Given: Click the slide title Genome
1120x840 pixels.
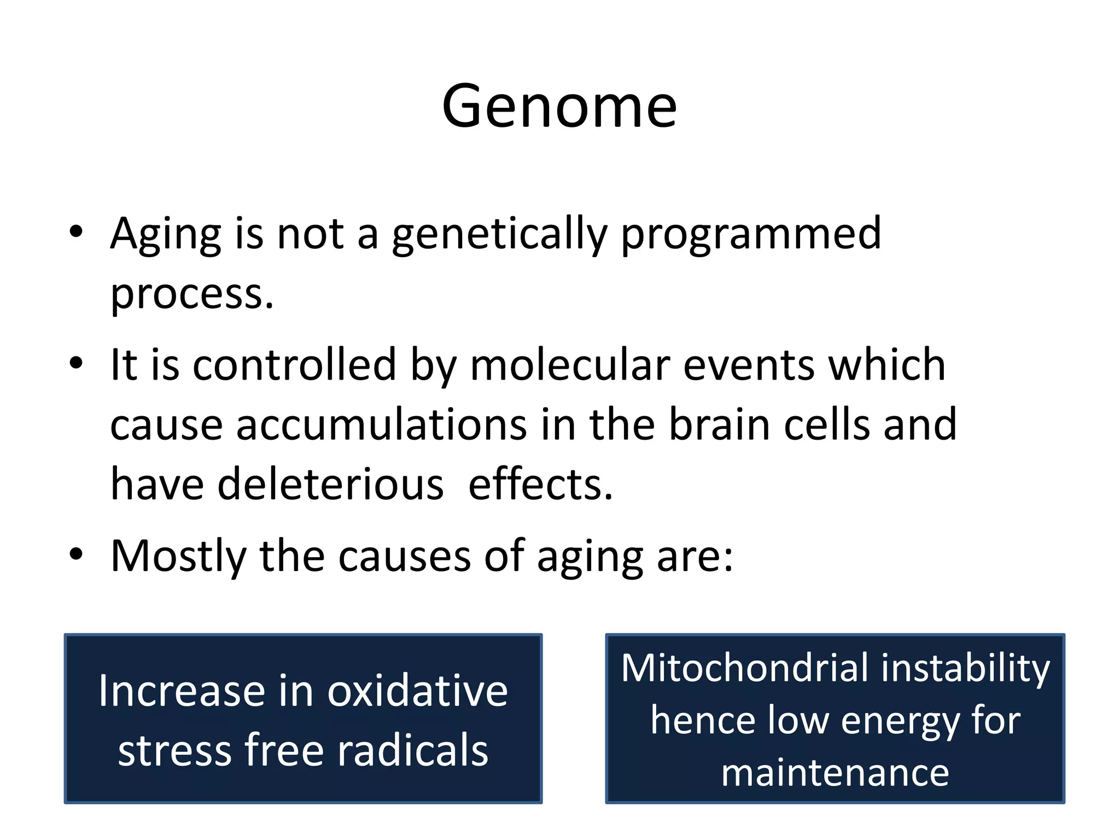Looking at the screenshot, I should (559, 106).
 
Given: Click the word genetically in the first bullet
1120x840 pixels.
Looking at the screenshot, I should (499, 234).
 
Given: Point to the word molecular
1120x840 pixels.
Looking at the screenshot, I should (570, 365).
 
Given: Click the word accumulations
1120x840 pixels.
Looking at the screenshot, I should (381, 425).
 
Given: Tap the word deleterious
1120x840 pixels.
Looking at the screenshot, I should (331, 485).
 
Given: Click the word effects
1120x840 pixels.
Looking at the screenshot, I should (540, 485).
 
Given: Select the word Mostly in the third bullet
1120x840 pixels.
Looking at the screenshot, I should (178, 556).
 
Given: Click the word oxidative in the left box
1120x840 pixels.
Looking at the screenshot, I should (417, 691).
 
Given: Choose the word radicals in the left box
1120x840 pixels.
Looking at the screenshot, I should (412, 750).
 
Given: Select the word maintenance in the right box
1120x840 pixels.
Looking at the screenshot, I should (835, 773).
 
